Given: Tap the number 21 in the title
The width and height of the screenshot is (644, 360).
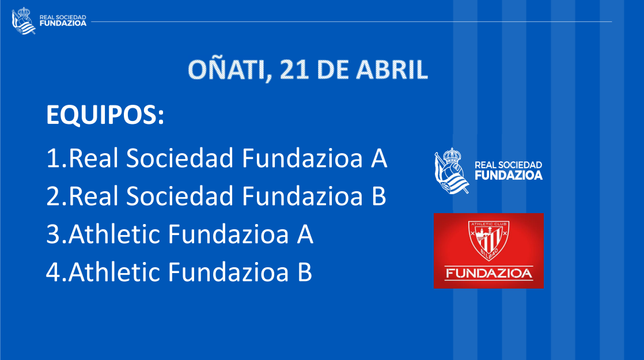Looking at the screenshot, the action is pyautogui.click(x=294, y=69).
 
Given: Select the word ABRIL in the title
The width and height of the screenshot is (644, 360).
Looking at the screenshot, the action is pyautogui.click(x=392, y=69).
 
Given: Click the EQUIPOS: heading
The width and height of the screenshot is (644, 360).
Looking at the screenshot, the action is pyautogui.click(x=105, y=115).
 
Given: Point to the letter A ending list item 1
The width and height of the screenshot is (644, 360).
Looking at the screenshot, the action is pyautogui.click(x=378, y=158).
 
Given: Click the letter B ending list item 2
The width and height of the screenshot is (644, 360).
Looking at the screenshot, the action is pyautogui.click(x=378, y=196).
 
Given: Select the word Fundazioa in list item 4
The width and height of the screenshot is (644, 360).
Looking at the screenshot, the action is pyautogui.click(x=228, y=272).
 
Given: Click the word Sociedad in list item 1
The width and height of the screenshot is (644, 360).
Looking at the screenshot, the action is pyautogui.click(x=180, y=158).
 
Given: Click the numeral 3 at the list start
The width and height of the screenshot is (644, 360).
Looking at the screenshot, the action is pyautogui.click(x=54, y=234).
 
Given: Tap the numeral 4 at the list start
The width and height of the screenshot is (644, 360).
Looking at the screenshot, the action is pyautogui.click(x=54, y=272).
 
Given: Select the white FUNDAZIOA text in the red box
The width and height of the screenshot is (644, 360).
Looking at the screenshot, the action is pyautogui.click(x=488, y=273).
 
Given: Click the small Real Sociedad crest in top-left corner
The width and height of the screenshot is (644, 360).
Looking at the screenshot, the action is pyautogui.click(x=24, y=21).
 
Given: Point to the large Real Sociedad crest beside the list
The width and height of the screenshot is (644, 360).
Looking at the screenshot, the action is pyautogui.click(x=452, y=170).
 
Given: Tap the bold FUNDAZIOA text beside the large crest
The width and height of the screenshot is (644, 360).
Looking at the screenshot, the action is pyautogui.click(x=509, y=175).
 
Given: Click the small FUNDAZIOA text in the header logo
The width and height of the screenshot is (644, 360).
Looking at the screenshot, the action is pyautogui.click(x=63, y=24).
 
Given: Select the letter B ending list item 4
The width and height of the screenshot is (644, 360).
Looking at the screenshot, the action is pyautogui.click(x=305, y=272).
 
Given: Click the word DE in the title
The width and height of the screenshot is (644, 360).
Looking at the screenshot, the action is pyautogui.click(x=332, y=69).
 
